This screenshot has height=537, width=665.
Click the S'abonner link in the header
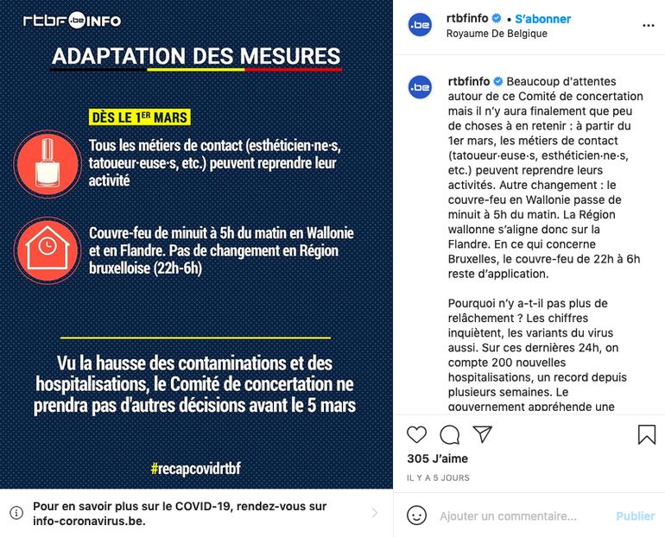(x=543, y=19)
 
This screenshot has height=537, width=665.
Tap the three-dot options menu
(x=648, y=25)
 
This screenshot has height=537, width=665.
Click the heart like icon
(x=416, y=434)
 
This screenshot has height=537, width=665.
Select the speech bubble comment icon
(x=449, y=434)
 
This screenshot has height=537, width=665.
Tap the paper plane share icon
(x=482, y=434)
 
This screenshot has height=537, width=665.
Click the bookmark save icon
(x=646, y=434)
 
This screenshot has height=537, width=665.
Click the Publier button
(x=635, y=516)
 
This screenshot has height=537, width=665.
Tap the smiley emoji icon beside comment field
(x=417, y=515)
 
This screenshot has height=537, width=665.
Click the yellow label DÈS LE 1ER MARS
(x=139, y=117)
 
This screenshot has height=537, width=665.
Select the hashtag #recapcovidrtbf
(x=195, y=469)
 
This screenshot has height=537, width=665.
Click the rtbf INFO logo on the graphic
(x=72, y=20)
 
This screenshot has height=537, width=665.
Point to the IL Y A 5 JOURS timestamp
(x=438, y=477)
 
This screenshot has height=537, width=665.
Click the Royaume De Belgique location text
(x=497, y=34)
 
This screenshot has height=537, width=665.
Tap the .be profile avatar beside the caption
(x=420, y=87)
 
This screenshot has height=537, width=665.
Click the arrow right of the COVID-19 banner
(x=374, y=513)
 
